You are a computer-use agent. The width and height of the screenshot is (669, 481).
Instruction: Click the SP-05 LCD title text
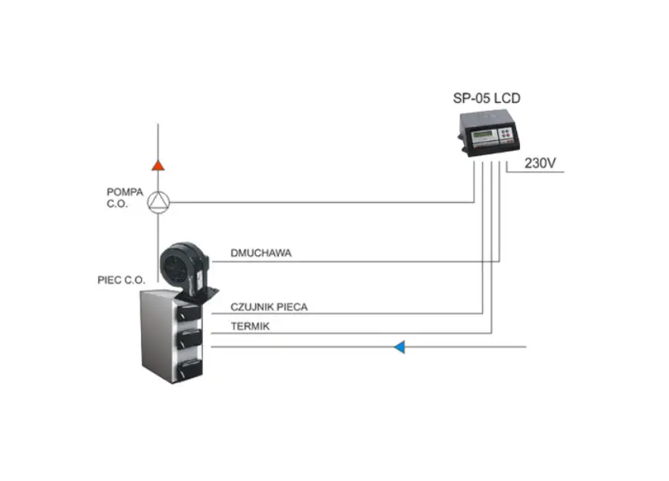pyautogui.click(x=486, y=98)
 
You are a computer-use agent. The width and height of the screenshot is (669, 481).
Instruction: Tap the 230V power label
pyautogui.click(x=540, y=163)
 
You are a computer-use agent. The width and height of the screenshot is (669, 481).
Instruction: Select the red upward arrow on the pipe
pyautogui.click(x=158, y=166)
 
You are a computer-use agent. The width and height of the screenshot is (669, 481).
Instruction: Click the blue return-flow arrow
pyautogui.click(x=399, y=347)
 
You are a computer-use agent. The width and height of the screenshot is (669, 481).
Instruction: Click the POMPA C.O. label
pyautogui.click(x=124, y=198)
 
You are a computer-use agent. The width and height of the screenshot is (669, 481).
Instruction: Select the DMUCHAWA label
pyautogui.click(x=260, y=253)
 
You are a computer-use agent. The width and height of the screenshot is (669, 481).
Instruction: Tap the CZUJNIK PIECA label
pyautogui.click(x=269, y=307)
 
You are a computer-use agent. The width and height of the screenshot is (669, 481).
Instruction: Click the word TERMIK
pyautogui.click(x=250, y=326)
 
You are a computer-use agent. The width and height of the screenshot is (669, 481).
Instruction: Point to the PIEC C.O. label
pyautogui.click(x=121, y=281)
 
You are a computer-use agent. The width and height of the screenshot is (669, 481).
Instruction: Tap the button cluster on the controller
pyautogui.click(x=506, y=132)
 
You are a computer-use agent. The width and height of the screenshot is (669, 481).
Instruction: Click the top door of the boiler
pyautogui.click(x=188, y=313)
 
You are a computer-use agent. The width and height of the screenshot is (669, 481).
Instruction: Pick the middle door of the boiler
pyautogui.click(x=189, y=339)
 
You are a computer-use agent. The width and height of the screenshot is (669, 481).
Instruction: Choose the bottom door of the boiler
pyautogui.click(x=190, y=369)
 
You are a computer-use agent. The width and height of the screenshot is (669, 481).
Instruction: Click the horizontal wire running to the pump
pyautogui.click(x=322, y=202)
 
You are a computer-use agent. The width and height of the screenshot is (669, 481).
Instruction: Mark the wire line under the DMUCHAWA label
pyautogui.click(x=355, y=261)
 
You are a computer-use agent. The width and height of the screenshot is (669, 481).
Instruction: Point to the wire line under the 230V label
pyautogui.click(x=535, y=172)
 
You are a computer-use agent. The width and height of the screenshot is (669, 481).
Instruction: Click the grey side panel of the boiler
pyautogui.click(x=157, y=335)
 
